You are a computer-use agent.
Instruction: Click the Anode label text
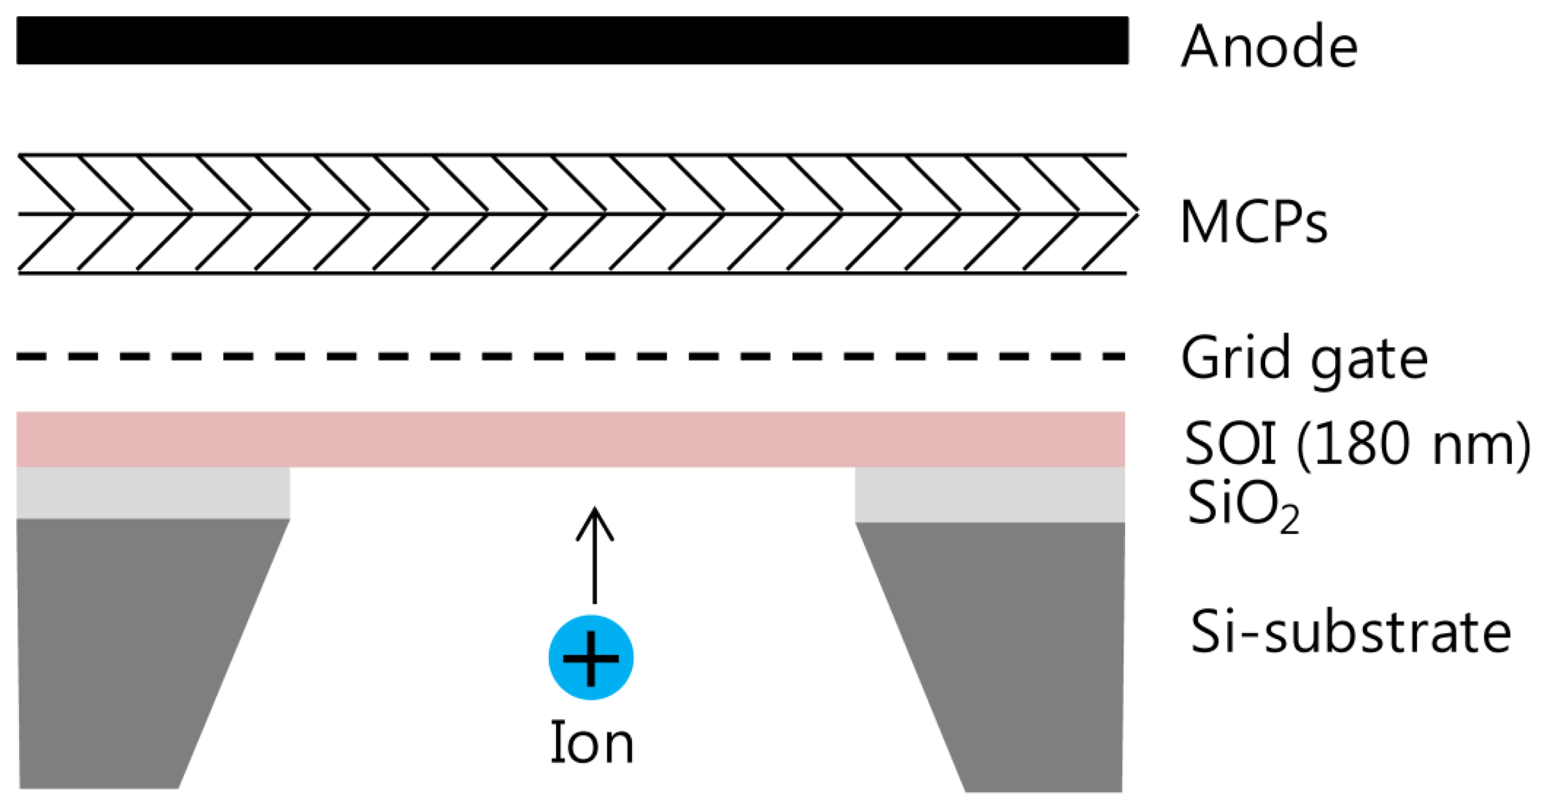click(1268, 47)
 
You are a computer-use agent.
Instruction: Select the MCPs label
click(1253, 222)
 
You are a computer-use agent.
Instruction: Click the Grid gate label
click(1304, 358)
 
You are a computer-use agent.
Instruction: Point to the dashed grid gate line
click(570, 356)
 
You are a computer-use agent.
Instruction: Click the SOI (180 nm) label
click(1357, 445)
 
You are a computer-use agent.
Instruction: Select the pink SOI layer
click(570, 439)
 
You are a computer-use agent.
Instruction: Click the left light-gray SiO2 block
click(153, 492)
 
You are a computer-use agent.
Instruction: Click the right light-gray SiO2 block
click(989, 494)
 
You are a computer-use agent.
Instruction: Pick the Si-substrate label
click(1351, 632)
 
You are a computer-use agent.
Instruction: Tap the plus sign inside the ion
click(590, 658)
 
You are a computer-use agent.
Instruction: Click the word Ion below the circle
click(592, 744)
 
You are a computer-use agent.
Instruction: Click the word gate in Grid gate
click(1369, 360)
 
